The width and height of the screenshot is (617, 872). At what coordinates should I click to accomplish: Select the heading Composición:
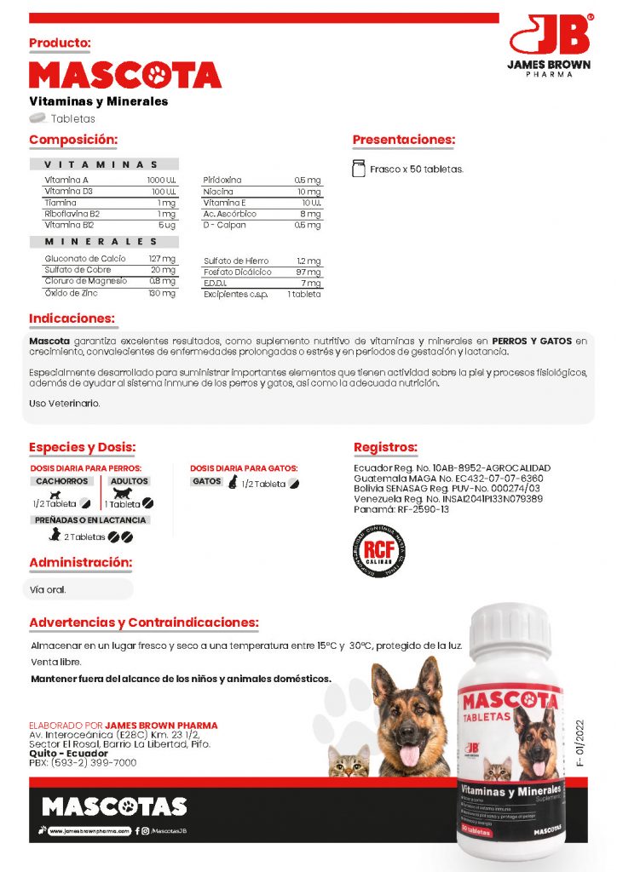(x=73, y=140)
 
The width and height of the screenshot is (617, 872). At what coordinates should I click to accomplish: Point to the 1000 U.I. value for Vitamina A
(x=161, y=181)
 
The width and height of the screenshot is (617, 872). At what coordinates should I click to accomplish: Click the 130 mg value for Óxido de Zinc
(x=162, y=293)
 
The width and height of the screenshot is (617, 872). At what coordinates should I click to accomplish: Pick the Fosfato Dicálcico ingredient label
(x=238, y=272)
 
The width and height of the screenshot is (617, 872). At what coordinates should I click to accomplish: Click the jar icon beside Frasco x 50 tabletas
(x=359, y=169)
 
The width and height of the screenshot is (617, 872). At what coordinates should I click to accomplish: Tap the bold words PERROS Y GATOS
(x=533, y=341)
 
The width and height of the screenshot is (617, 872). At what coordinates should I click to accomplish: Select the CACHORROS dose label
(x=63, y=481)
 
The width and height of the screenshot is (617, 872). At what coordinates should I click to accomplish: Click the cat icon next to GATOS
(x=231, y=482)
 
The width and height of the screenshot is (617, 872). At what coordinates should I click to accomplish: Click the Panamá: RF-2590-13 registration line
(x=401, y=509)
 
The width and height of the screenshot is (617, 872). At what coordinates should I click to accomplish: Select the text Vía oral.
(x=48, y=588)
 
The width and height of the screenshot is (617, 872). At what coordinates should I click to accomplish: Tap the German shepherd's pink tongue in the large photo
(x=409, y=755)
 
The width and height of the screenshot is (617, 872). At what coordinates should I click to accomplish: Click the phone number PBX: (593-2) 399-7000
(x=83, y=763)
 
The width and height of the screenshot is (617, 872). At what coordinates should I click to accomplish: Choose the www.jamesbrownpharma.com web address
(x=89, y=830)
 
